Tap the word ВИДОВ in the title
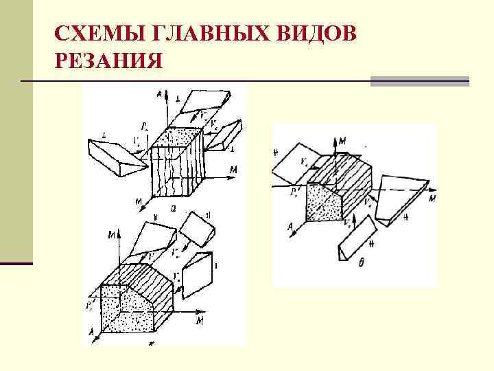point(318,34)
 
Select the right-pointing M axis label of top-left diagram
point(234,169)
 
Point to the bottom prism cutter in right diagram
point(357,239)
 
